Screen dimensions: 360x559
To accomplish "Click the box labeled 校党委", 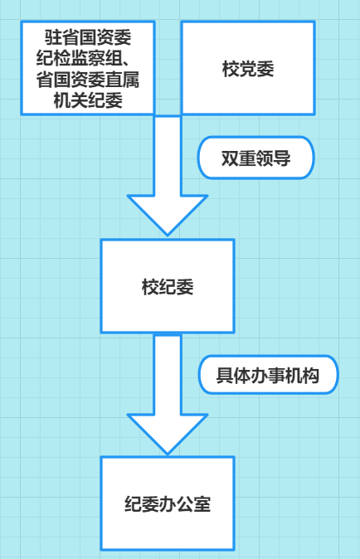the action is coord(248,68).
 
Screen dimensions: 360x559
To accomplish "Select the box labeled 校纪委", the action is coord(168,286).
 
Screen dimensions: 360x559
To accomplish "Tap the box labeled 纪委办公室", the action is coord(168,503).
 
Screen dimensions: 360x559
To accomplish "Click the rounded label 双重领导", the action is coord(256,158).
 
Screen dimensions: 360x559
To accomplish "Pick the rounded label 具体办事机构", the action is coord(268,375).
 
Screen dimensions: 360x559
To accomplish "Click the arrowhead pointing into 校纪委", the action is coord(168,215).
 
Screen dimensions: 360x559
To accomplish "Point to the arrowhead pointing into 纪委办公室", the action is coord(168,434).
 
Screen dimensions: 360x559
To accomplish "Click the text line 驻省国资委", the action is coord(88,37).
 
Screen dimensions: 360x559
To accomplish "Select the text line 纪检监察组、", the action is coord(84,58).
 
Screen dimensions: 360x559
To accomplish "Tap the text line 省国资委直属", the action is coord(88,79).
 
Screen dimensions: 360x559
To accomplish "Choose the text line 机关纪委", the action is coord(88,100).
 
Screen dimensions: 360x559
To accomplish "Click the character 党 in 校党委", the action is coord(248,69).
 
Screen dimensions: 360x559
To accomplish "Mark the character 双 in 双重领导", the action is coord(230,158).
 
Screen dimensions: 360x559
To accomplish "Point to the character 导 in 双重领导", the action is coord(282,158).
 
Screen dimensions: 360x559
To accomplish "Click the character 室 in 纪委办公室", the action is coord(202,503).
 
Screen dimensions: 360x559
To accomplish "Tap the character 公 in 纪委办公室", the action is coord(185,503).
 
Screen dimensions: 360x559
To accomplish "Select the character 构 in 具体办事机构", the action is coord(311,375).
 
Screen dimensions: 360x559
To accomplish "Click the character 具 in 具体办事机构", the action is coord(225,375).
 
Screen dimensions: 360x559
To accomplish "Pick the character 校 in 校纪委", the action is coord(150,287).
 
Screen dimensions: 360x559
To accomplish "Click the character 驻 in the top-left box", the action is coord(53,37).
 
